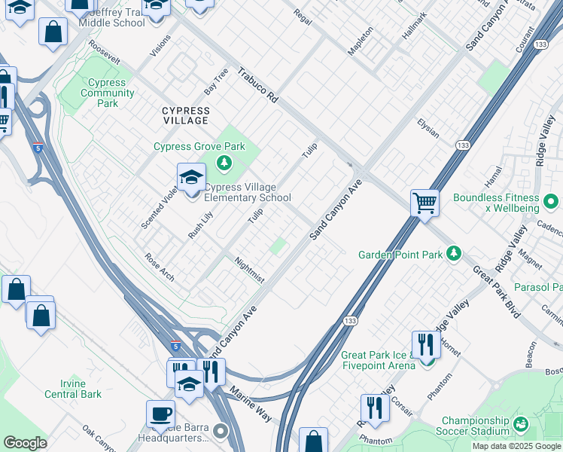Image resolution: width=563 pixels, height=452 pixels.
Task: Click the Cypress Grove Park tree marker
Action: (x=224, y=163)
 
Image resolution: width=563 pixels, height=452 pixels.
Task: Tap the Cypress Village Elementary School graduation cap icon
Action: (x=191, y=179)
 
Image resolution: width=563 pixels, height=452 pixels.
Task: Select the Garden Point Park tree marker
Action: (x=453, y=255)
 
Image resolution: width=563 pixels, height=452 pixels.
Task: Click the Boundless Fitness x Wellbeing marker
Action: (x=551, y=202)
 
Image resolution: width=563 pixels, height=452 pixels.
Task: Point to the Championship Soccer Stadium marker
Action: (x=523, y=426)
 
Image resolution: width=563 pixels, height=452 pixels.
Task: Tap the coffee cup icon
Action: (x=160, y=414)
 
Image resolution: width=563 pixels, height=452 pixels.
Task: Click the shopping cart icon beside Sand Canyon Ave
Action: (x=425, y=203)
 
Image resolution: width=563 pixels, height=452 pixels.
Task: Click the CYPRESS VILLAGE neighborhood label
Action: (x=185, y=115)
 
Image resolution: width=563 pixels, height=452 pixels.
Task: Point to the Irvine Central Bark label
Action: (x=73, y=389)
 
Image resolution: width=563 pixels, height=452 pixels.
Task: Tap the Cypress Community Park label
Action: (x=107, y=93)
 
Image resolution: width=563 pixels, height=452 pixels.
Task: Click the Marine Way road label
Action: (x=251, y=405)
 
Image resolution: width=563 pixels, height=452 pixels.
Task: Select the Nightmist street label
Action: (x=249, y=270)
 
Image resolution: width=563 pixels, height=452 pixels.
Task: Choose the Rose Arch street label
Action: (x=160, y=267)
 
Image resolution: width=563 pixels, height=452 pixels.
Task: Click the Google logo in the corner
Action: (x=25, y=443)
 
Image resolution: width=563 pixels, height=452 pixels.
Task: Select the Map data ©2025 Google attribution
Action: (x=516, y=446)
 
